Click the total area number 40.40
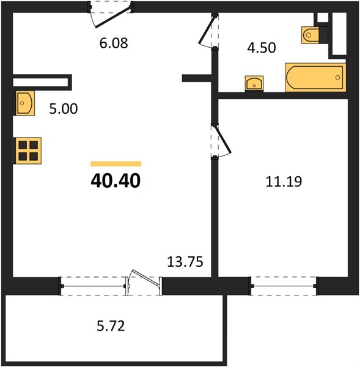pyautogui.click(x=116, y=180)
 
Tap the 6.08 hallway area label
pyautogui.click(x=114, y=43)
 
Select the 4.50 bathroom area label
pyautogui.click(x=262, y=48)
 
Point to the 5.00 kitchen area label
pyautogui.click(x=64, y=109)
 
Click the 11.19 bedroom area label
pyautogui.click(x=284, y=182)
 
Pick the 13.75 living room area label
pyautogui.click(x=185, y=262)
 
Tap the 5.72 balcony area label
pyautogui.click(x=111, y=326)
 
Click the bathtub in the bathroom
pyautogui.click(x=315, y=78)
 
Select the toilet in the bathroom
pyautogui.click(x=314, y=35)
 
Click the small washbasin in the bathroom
pyautogui.click(x=254, y=84)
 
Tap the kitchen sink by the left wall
pyautogui.click(x=25, y=103)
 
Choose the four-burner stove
pyautogui.click(x=28, y=150)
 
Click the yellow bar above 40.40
pyautogui.click(x=116, y=164)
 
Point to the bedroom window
pyautogui.click(x=284, y=286)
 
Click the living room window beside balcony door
pyautogui.click(x=93, y=286)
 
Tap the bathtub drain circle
pyautogui.click(x=337, y=78)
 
